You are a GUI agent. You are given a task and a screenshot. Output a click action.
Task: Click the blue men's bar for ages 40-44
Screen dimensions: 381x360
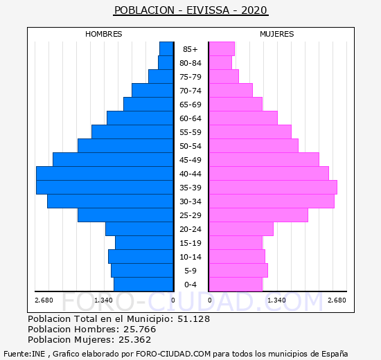(105, 174)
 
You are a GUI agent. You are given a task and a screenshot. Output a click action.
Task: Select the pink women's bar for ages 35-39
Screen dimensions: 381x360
(273, 188)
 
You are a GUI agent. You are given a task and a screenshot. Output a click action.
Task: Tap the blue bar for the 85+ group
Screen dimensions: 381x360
(166, 49)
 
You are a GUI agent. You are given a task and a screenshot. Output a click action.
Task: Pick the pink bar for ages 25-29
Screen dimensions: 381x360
(258, 215)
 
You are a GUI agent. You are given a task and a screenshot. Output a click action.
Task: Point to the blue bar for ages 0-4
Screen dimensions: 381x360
(143, 285)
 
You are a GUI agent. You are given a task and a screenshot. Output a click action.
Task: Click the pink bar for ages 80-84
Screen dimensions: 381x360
(220, 63)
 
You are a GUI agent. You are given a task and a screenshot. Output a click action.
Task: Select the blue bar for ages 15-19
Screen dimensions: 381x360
(144, 243)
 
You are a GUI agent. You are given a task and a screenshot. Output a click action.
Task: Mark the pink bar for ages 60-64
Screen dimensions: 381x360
(243, 118)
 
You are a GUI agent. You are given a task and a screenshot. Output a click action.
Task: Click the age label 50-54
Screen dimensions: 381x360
(190, 146)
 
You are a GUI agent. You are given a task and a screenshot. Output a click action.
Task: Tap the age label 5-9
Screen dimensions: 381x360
(190, 271)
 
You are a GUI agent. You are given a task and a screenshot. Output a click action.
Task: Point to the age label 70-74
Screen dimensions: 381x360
(190, 91)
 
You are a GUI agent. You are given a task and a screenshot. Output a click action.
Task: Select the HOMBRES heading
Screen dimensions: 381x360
(104, 34)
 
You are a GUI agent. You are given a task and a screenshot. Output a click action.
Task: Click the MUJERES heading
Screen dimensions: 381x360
(277, 34)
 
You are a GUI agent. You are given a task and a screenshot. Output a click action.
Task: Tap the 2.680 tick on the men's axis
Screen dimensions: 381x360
(44, 300)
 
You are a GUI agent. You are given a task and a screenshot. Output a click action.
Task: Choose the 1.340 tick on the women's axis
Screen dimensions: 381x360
(276, 300)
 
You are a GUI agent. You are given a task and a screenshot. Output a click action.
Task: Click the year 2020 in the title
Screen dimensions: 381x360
(254, 10)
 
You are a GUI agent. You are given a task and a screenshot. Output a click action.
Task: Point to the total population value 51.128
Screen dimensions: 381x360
(194, 318)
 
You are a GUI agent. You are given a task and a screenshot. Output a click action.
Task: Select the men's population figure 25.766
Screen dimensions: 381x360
(140, 329)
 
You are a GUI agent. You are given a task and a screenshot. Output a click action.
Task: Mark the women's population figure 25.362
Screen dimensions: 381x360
(135, 339)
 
